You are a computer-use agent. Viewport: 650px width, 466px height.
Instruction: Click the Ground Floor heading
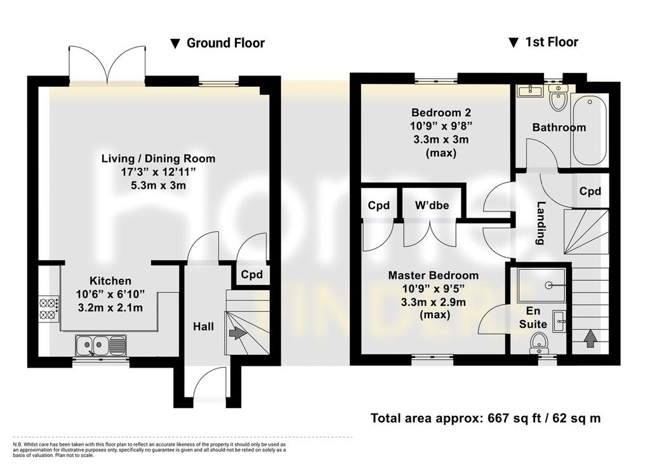218,43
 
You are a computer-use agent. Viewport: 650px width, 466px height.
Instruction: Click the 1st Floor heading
543,43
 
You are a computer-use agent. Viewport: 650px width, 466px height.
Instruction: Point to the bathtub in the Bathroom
590,130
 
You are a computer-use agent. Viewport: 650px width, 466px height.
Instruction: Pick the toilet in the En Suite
539,344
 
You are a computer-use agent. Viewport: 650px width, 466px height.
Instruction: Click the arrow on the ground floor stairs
237,333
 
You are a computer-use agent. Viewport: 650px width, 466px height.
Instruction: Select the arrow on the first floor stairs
590,338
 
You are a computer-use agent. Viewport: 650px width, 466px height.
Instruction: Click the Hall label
204,327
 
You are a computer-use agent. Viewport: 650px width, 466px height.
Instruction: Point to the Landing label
540,223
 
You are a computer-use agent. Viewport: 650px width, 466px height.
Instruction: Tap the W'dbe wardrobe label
432,205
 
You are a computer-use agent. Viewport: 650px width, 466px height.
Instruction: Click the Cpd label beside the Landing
590,191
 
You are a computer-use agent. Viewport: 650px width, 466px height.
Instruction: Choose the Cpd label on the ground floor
251,274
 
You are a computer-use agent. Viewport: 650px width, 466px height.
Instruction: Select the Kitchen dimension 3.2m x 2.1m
110,308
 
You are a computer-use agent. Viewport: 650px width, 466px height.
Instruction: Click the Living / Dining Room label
158,158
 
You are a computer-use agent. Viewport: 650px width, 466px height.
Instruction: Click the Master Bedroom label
433,276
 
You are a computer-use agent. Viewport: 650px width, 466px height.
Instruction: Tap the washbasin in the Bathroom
529,91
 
